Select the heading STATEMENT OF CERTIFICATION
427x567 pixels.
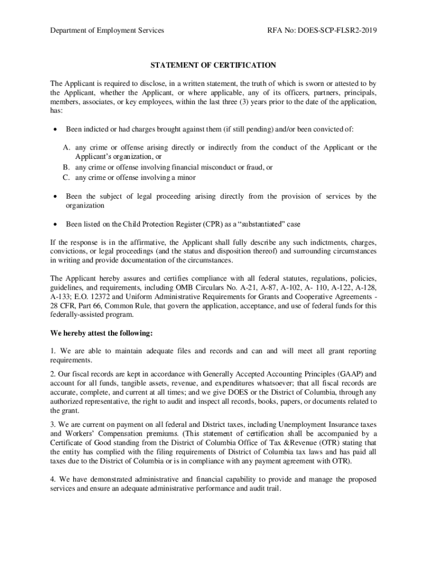pos(213,65)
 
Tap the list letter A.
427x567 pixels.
pos(66,147)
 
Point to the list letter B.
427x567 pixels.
pos(65,167)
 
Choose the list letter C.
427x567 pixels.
pos(65,178)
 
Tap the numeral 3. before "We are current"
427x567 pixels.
pos(53,424)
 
